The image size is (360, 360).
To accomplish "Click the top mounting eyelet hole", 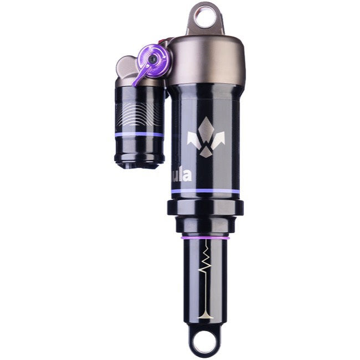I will pyautogui.click(x=205, y=17).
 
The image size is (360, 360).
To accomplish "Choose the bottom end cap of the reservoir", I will pyautogui.click(x=139, y=161).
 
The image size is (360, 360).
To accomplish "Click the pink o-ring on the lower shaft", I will pyautogui.click(x=205, y=238).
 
